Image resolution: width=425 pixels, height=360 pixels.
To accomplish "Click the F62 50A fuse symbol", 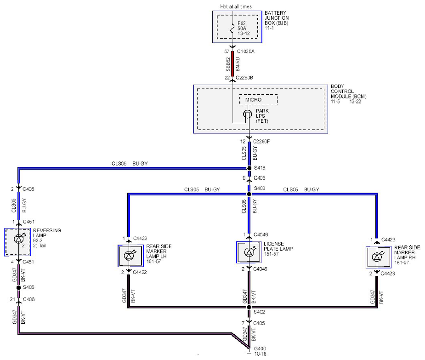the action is pos(232,28).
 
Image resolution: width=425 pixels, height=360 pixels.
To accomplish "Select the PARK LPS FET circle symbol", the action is pos(247,114).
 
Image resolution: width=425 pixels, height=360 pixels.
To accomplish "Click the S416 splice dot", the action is pos(249,168).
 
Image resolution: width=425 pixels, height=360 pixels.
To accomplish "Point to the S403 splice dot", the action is pos(249,194).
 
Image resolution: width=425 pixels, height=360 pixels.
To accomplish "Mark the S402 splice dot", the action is pos(249,307).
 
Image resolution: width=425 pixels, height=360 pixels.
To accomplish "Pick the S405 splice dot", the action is pos(18,287).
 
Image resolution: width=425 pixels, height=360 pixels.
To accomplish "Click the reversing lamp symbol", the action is pos(19,239).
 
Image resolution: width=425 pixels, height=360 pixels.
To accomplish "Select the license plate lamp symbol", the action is pos(249,252).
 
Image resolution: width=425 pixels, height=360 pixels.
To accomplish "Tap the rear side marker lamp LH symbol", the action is pos(129,256).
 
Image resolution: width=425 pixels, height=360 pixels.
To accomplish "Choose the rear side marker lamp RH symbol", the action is pos(377,257).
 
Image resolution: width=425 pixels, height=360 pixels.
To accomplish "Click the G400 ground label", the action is pos(260,349).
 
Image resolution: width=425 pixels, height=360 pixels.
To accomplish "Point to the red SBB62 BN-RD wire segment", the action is pos(232,64).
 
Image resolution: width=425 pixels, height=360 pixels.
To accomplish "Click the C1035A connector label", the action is pos(245,51).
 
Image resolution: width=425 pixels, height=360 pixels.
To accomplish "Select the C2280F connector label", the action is pos(261,142).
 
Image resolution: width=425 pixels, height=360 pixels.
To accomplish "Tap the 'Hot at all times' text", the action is pos(236,6).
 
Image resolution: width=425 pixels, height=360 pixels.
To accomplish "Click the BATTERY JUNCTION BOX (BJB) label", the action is pos(277,18).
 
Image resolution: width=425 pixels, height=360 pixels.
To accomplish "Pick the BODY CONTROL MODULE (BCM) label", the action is pos(349,91).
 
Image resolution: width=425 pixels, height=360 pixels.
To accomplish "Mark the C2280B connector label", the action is pos(244,78).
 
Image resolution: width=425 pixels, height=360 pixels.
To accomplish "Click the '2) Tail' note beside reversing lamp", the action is pos(40,246).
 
